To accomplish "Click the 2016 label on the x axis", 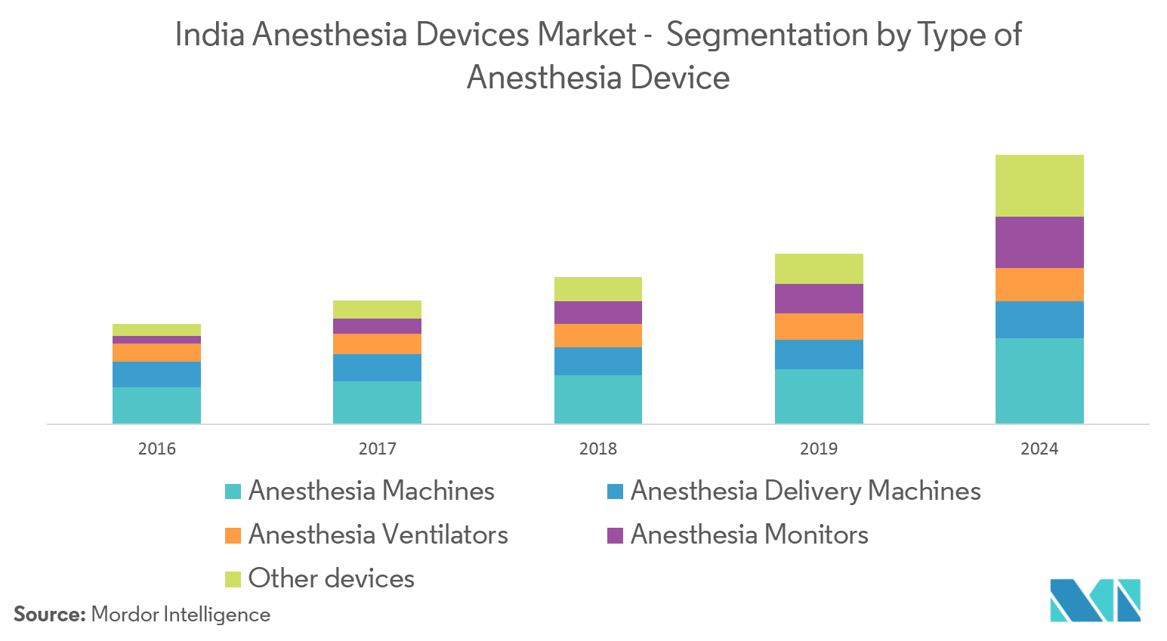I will pyautogui.click(x=156, y=448).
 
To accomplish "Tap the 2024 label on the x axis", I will pyautogui.click(x=1039, y=448).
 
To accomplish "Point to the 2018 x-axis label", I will pyautogui.click(x=598, y=448).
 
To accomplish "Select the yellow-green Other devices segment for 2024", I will pyautogui.click(x=1039, y=186).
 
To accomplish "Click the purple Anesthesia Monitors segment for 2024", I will pyautogui.click(x=1039, y=242).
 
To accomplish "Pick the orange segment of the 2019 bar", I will pyautogui.click(x=819, y=326).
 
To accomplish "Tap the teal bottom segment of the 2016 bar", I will pyautogui.click(x=156, y=405).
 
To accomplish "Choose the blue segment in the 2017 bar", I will pyautogui.click(x=377, y=368).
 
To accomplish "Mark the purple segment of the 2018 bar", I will pyautogui.click(x=598, y=313).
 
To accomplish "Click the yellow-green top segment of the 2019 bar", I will pyautogui.click(x=819, y=269).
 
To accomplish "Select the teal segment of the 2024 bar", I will pyautogui.click(x=1039, y=381).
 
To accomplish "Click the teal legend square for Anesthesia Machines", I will pyautogui.click(x=233, y=492).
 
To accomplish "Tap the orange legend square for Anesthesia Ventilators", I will pyautogui.click(x=233, y=535).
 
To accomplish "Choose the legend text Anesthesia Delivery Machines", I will pyautogui.click(x=805, y=492).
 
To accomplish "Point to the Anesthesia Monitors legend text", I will pyautogui.click(x=749, y=535).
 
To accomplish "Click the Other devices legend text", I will pyautogui.click(x=331, y=579).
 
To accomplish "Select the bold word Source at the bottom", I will pyautogui.click(x=50, y=615).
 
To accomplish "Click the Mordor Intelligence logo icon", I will pyautogui.click(x=1095, y=600).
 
